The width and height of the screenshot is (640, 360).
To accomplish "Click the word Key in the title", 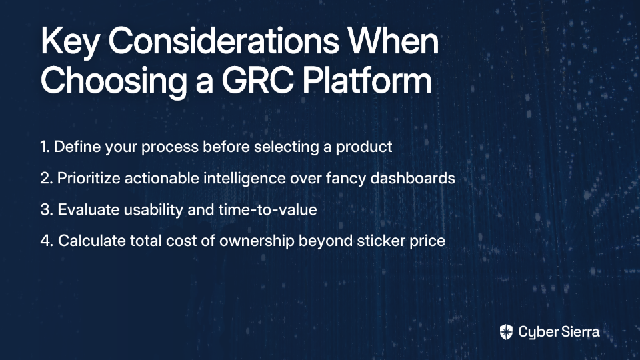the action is pyautogui.click(x=69, y=42).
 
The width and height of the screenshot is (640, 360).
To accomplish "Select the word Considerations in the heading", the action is pyautogui.click(x=224, y=41).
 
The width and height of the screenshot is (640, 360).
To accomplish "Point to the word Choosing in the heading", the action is pyautogui.click(x=114, y=81).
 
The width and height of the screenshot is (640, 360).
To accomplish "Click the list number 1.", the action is pyautogui.click(x=45, y=147).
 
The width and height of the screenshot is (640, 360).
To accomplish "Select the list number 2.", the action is pyautogui.click(x=47, y=179).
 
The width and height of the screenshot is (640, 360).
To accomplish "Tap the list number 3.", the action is pyautogui.click(x=47, y=210).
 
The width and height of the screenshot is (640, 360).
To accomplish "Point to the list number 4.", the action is pyautogui.click(x=47, y=241).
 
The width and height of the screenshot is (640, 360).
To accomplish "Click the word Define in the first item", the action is pyautogui.click(x=77, y=147).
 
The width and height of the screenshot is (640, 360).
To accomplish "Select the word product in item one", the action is pyautogui.click(x=364, y=148).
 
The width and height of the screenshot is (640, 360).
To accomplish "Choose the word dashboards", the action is pyautogui.click(x=413, y=178).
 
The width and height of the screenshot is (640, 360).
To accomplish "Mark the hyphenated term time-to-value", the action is pyautogui.click(x=268, y=210).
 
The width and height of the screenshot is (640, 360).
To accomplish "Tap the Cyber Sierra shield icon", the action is pyautogui.click(x=506, y=332).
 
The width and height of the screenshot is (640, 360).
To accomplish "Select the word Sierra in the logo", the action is pyautogui.click(x=579, y=332).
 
